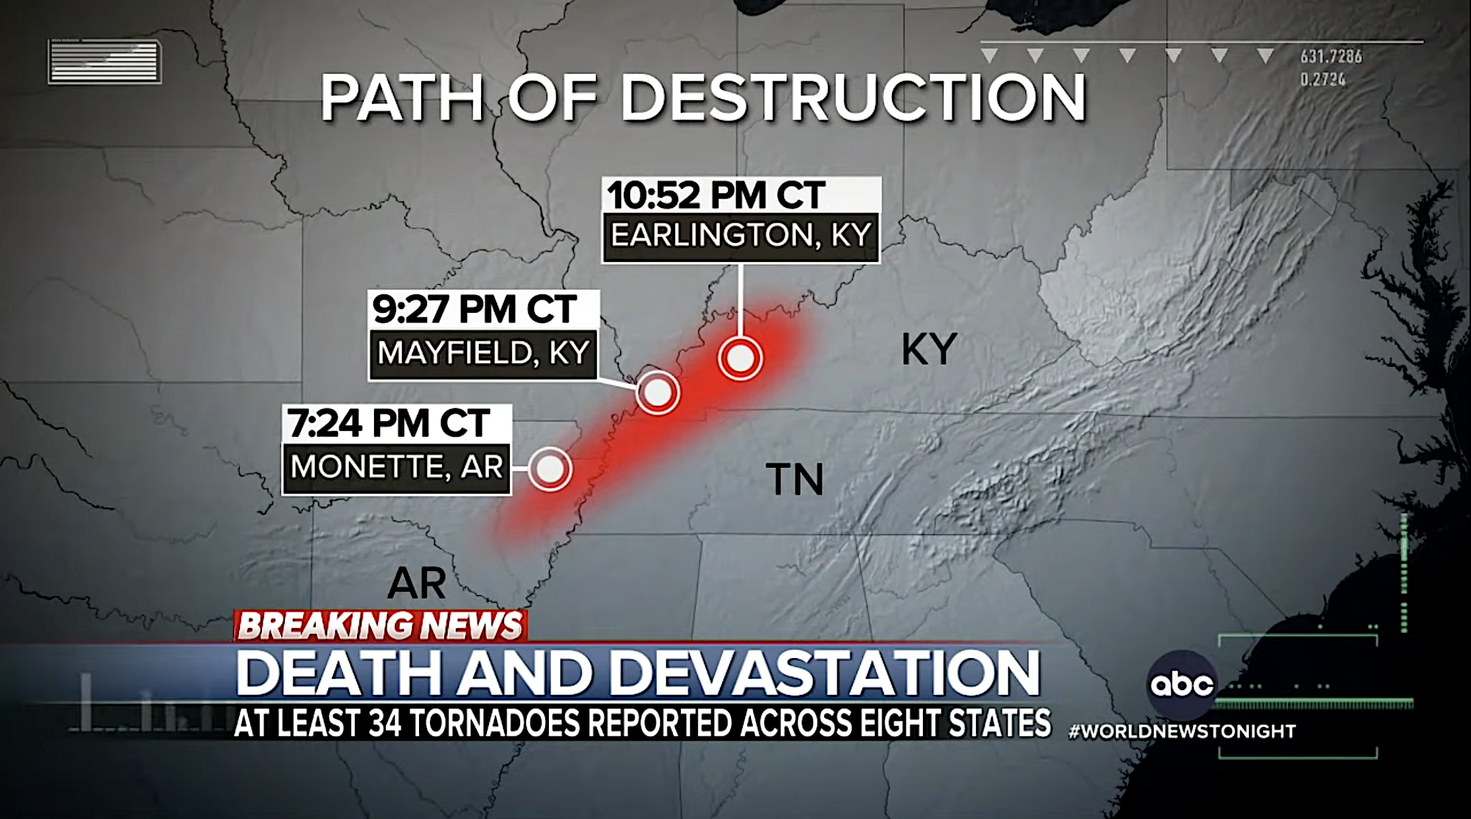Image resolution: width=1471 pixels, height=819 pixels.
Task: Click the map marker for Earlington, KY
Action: (x=740, y=359)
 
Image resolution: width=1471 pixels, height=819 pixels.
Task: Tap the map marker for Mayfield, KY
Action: (x=657, y=393)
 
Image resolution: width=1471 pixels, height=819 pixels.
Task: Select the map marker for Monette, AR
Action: (x=550, y=469)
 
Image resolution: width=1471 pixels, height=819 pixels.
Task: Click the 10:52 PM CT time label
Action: (x=716, y=196)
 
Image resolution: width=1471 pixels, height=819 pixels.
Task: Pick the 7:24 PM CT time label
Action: (x=388, y=424)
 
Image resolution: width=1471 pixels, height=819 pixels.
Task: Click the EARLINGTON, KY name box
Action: (x=741, y=236)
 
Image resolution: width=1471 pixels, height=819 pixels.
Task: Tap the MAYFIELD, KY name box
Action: (x=483, y=353)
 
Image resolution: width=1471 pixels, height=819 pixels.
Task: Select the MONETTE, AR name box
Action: (x=396, y=467)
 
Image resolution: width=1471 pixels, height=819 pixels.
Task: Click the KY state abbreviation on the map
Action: (x=929, y=350)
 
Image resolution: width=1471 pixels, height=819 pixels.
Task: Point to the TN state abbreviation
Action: (x=795, y=480)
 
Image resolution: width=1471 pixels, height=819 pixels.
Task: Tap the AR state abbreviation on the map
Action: (x=417, y=584)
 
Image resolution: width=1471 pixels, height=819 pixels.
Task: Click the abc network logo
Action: (x=1182, y=684)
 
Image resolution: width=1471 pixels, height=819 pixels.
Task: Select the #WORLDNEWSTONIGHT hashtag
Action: (x=1182, y=731)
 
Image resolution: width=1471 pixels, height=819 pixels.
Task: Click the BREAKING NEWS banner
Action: (x=380, y=626)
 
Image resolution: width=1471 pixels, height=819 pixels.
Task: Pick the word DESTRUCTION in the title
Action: (x=854, y=97)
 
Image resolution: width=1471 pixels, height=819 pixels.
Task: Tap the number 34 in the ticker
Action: (x=384, y=724)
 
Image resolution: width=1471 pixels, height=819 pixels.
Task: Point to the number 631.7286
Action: (x=1331, y=56)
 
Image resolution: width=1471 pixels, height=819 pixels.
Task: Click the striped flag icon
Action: (x=105, y=61)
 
